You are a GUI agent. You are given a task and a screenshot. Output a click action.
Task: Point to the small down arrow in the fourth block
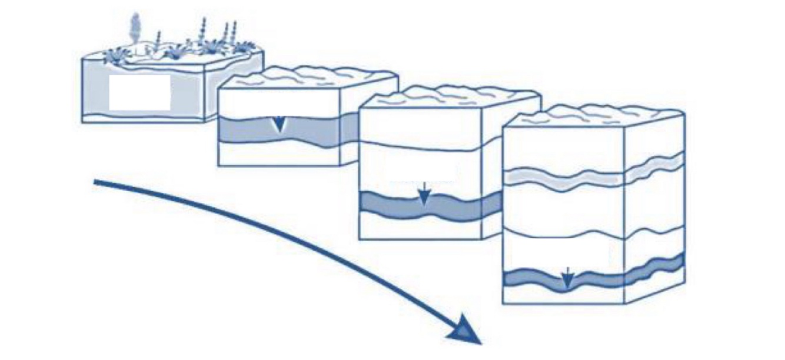point(567,278)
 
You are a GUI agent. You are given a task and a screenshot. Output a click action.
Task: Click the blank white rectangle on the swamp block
point(139,92)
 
